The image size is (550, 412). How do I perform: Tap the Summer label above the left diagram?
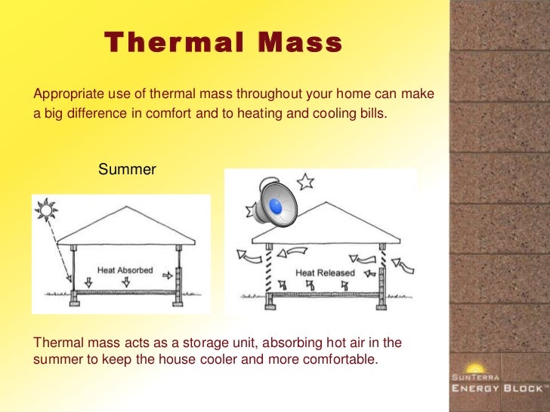127,170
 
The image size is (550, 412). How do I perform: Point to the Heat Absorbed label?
125,269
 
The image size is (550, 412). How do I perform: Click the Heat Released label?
325,272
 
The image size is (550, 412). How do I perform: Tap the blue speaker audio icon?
276,203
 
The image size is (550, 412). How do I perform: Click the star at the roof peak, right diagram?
305,182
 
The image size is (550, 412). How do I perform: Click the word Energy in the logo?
477,389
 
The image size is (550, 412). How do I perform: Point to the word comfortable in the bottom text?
338,359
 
